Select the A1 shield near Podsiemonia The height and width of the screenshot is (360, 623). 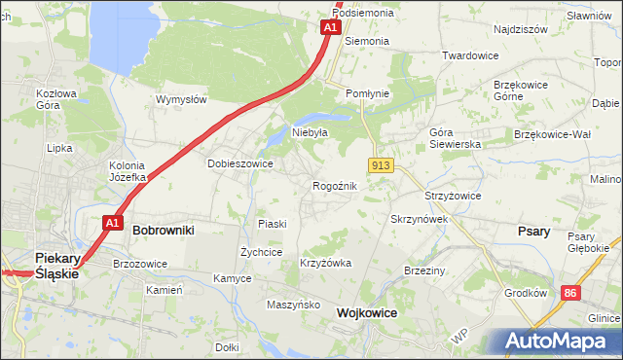(330, 27)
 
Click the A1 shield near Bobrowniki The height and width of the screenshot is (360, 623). (112, 223)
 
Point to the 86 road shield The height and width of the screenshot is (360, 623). (570, 292)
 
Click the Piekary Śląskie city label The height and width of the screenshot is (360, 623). (55, 265)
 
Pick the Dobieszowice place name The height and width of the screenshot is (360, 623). (239, 163)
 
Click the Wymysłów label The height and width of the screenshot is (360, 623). (181, 99)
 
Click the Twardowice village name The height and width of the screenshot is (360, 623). (470, 55)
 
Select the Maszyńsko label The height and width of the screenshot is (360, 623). (294, 305)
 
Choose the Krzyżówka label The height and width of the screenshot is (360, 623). (325, 264)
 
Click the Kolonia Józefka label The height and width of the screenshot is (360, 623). (128, 171)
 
